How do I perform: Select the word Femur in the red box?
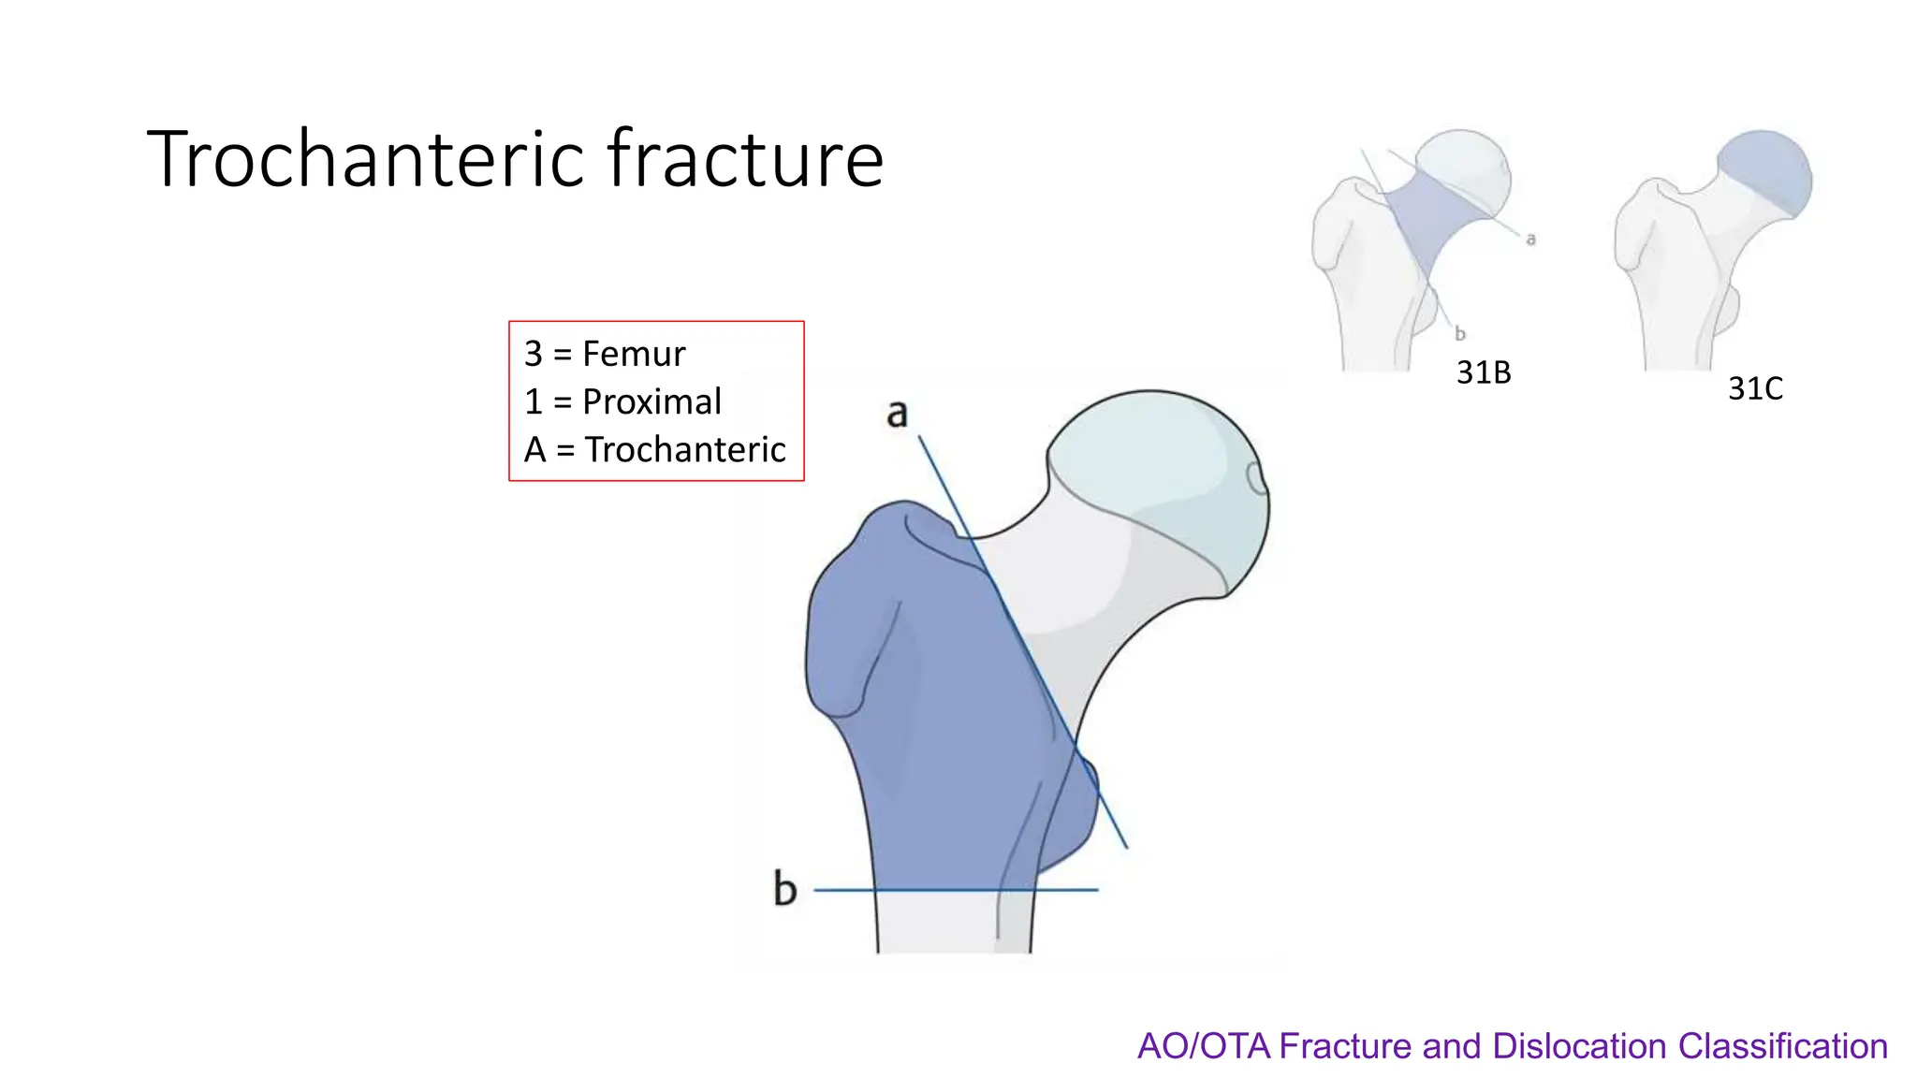(634, 354)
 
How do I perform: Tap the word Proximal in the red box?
(651, 401)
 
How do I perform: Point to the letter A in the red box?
(535, 450)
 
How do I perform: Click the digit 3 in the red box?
(534, 354)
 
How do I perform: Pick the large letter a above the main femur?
(897, 414)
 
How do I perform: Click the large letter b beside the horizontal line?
(784, 888)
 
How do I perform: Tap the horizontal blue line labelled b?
(955, 890)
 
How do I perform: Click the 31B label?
(1484, 372)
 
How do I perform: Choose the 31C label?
(1755, 388)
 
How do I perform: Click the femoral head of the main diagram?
(1161, 468)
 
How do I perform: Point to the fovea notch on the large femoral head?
(1256, 478)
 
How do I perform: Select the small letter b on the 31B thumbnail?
(1459, 333)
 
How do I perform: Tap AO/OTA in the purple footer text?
(1204, 1046)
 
